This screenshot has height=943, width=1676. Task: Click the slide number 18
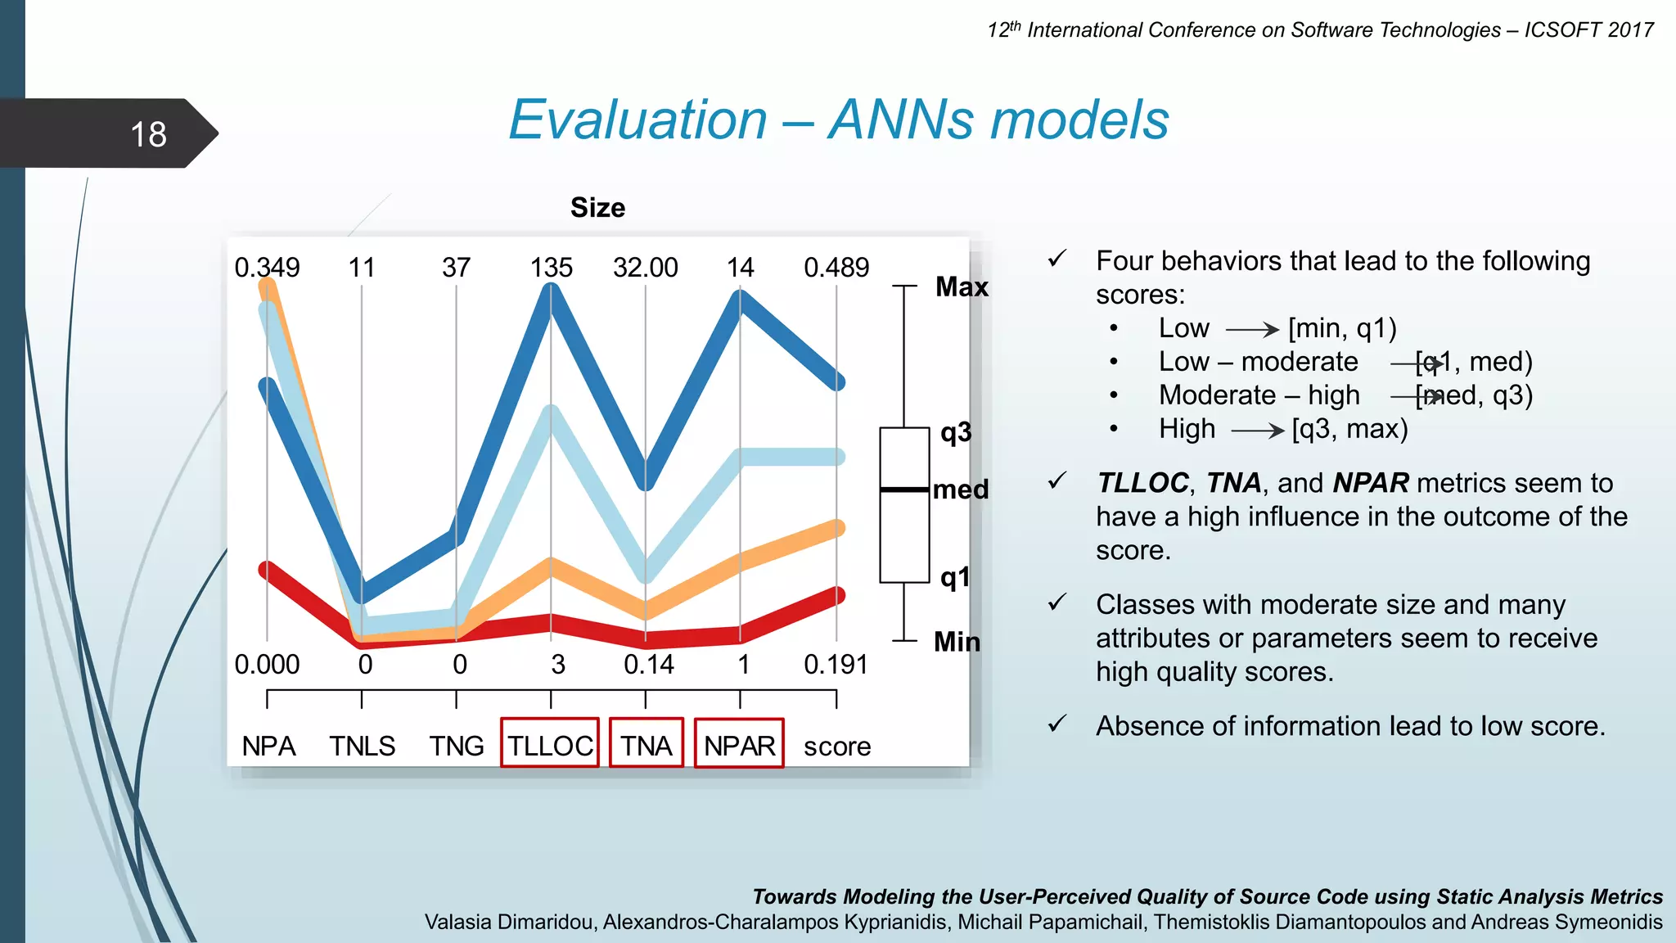148,134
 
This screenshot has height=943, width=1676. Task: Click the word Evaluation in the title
638,120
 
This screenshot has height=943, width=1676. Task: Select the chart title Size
597,208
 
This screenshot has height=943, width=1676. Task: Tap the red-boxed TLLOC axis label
550,746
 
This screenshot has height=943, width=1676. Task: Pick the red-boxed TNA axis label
646,746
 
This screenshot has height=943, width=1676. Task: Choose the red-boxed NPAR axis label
739,746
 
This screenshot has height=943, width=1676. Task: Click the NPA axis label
268,747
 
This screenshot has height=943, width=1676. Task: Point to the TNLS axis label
362,747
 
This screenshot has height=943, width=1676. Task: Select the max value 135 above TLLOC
551,268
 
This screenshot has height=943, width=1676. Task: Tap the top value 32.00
646,268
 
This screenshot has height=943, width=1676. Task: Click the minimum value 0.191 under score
836,665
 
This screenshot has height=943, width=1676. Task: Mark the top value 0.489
836,268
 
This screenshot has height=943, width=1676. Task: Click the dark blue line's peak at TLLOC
551,293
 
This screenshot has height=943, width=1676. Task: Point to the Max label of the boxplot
962,287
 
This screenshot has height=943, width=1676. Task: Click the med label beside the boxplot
961,490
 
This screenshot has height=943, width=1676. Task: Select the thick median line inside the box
904,490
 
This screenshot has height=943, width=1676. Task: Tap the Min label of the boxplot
957,642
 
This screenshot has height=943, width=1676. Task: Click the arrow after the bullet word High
1258,431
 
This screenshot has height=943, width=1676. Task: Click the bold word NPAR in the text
1371,483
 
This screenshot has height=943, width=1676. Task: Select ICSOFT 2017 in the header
1588,30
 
